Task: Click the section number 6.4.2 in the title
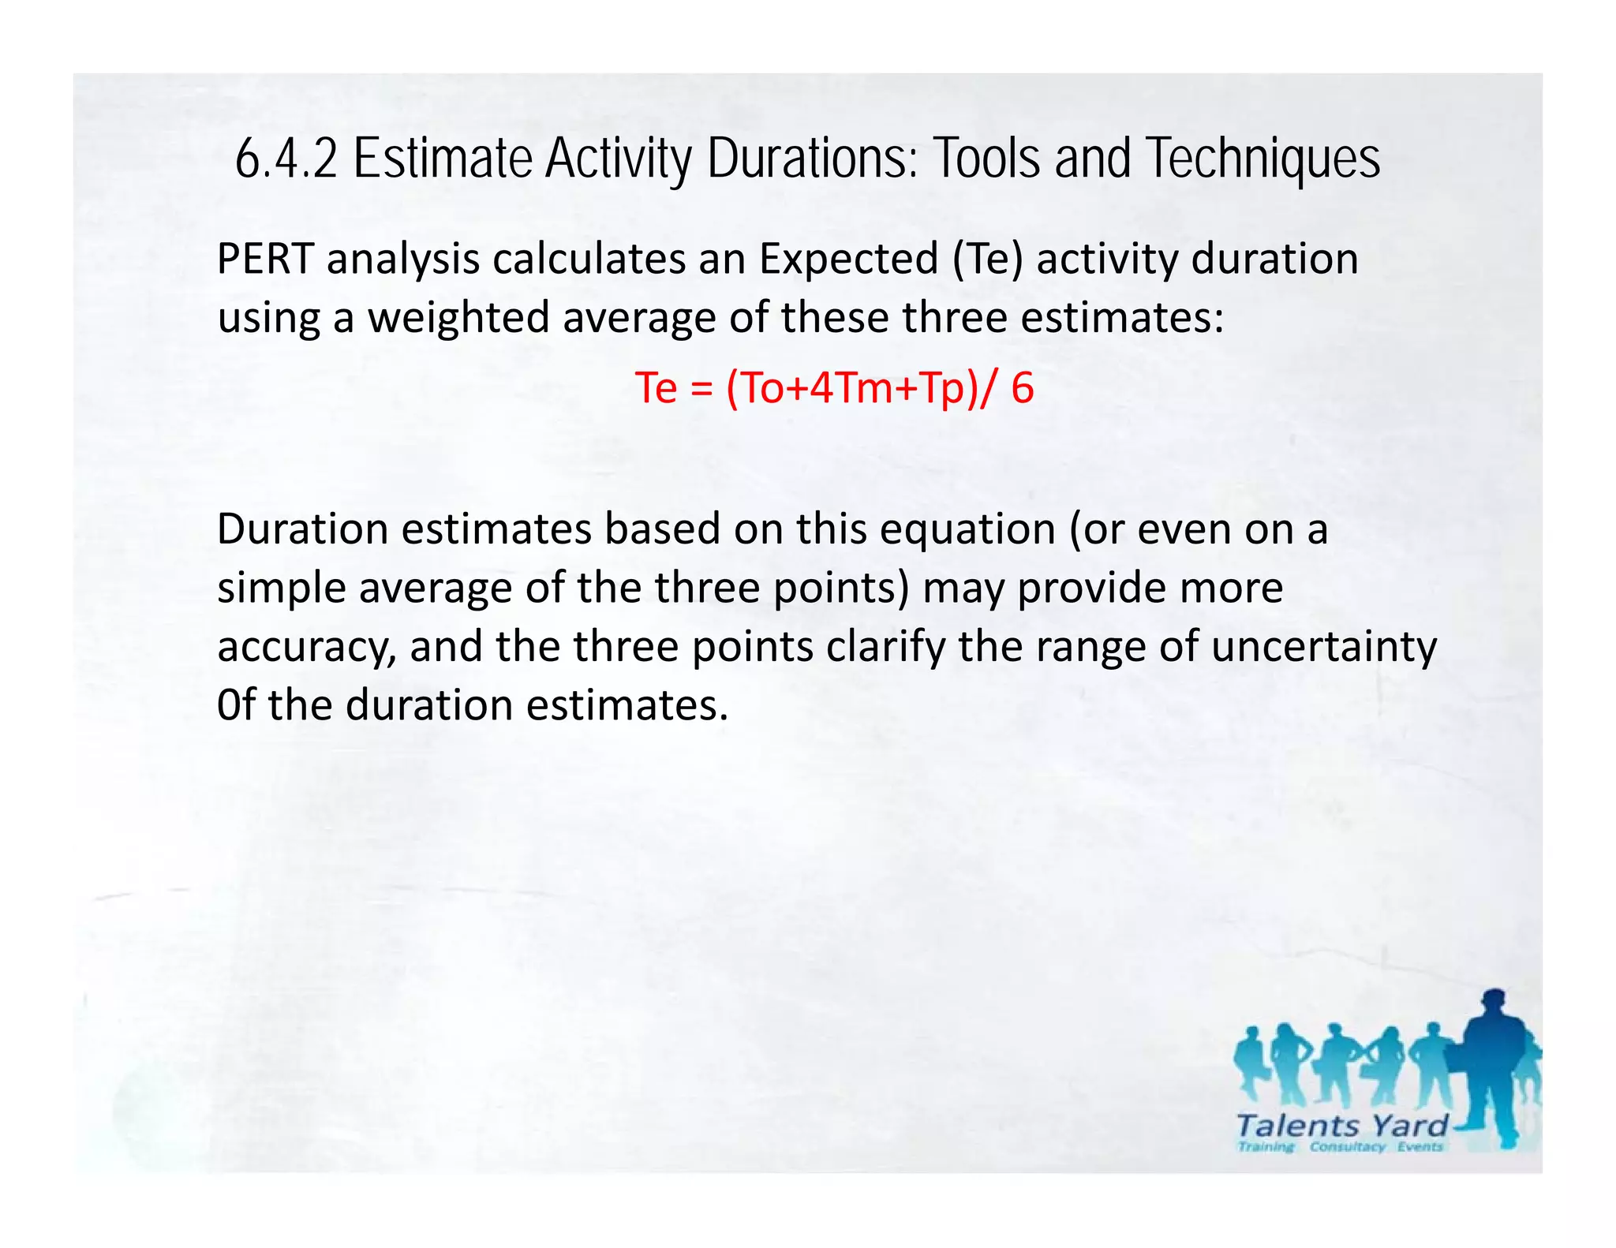(286, 159)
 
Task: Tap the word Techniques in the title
(1263, 159)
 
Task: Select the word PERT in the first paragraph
(265, 259)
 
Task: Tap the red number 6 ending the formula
(1023, 388)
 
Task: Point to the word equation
(967, 529)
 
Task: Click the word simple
(281, 588)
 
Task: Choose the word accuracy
(306, 647)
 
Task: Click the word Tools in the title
(988, 159)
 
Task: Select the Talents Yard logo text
(1342, 1125)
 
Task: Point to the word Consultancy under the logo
(1347, 1147)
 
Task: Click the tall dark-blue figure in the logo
(1494, 1065)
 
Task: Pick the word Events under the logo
(1420, 1147)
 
